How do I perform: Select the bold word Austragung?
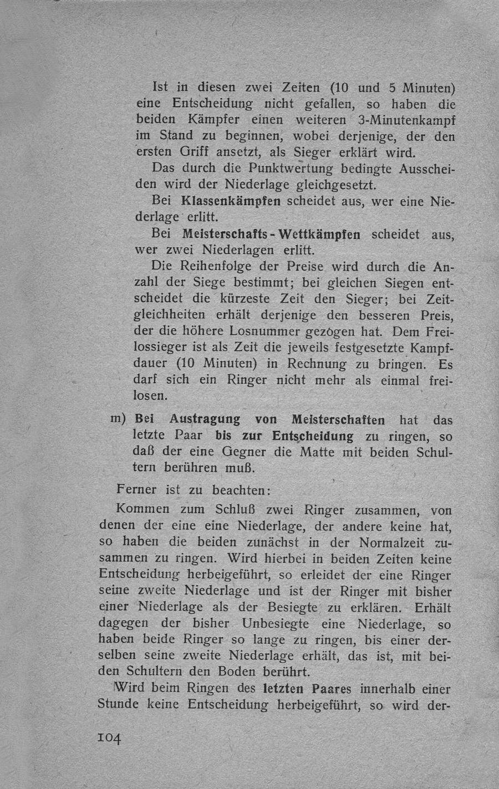coord(205,419)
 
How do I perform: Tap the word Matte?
coord(317,452)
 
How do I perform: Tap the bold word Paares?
coord(330,689)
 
